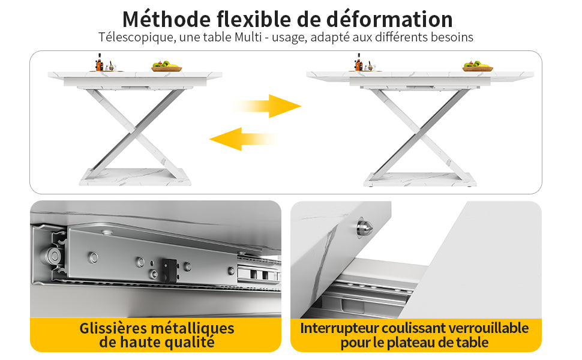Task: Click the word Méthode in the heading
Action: [x=166, y=19]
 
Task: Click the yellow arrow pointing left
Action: [x=243, y=139]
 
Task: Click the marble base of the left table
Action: [x=135, y=176]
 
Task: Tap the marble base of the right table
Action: [x=420, y=179]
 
